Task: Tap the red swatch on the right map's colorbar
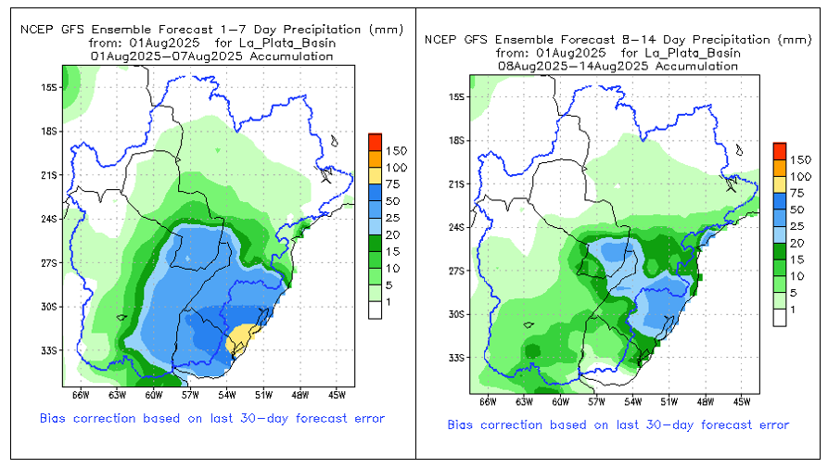(x=780, y=150)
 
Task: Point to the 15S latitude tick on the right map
(x=455, y=96)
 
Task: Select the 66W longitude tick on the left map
(x=81, y=396)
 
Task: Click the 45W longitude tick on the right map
(x=742, y=402)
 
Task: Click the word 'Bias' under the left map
(x=54, y=418)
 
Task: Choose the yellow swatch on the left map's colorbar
(x=375, y=174)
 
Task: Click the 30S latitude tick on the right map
(x=455, y=314)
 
